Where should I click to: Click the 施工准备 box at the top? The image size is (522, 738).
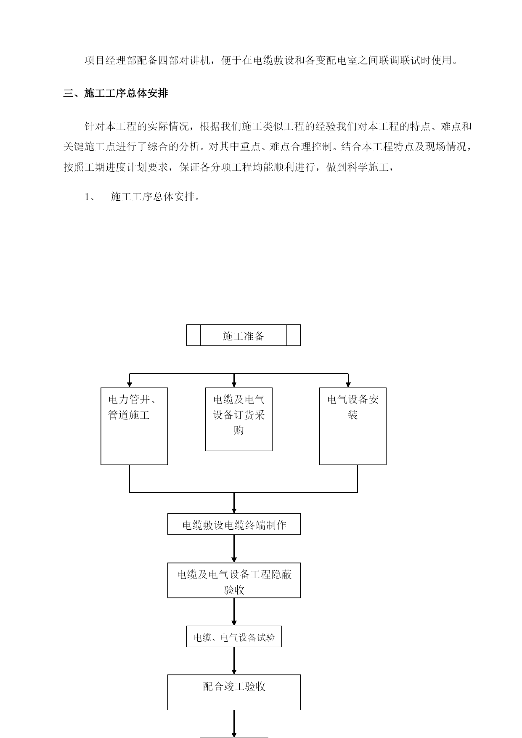click(x=244, y=335)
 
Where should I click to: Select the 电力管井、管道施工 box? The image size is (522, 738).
click(x=134, y=426)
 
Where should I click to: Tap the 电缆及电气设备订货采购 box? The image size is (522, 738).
click(x=239, y=419)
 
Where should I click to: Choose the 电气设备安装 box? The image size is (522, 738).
click(x=353, y=426)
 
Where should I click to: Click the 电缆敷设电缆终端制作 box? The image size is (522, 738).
click(x=234, y=524)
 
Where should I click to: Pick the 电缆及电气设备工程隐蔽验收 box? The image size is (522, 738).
click(x=234, y=580)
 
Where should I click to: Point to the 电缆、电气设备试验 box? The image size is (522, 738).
click(x=234, y=636)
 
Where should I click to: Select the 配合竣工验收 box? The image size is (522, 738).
click(x=234, y=693)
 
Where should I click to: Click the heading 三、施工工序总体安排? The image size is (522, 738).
click(x=116, y=93)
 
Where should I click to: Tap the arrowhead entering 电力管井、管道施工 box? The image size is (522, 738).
click(x=130, y=385)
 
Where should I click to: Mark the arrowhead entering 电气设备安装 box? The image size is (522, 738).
click(x=348, y=385)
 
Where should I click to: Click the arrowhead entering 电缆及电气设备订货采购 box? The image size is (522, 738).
click(x=234, y=385)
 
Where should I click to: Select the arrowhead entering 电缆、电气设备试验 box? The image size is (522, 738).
click(x=234, y=623)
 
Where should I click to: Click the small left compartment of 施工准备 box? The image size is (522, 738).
click(x=193, y=335)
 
